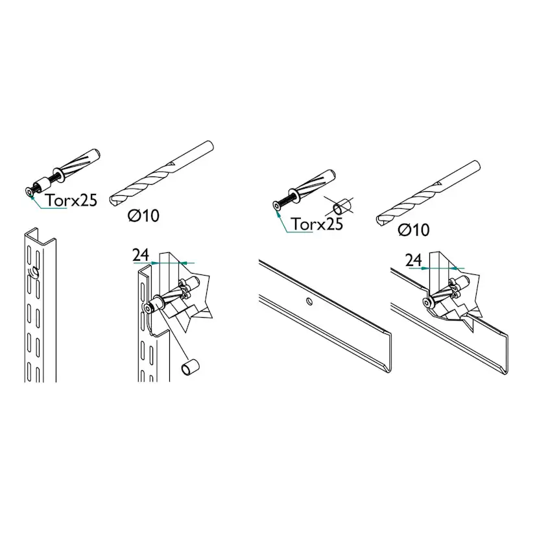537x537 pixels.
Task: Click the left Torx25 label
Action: [x=71, y=200]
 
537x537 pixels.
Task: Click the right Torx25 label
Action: [x=317, y=224]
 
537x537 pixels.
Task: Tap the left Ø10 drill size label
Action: [x=143, y=216]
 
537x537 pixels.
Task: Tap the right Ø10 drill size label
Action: [x=414, y=230]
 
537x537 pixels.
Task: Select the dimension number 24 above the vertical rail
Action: [x=141, y=255]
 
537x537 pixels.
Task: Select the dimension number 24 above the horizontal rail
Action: [x=413, y=261]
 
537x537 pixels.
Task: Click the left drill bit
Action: [x=161, y=174]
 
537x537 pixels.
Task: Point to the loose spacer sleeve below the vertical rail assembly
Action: [x=190, y=367]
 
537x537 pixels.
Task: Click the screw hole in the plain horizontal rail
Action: [x=309, y=301]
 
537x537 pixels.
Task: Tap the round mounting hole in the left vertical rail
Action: [x=34, y=272]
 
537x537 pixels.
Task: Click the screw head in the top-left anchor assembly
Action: [x=30, y=193]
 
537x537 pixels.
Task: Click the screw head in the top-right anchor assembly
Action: [x=277, y=206]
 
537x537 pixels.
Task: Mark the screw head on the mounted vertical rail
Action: [x=149, y=309]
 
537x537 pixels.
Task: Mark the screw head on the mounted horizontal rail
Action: [x=427, y=302]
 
